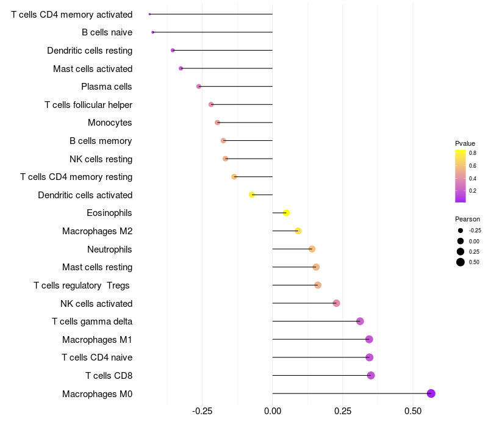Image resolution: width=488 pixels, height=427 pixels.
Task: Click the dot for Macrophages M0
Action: [431, 393]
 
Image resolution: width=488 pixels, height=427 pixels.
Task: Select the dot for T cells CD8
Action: [371, 375]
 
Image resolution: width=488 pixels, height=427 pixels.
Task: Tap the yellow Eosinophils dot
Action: [286, 213]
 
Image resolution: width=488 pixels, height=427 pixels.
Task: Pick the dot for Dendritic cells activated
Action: [252, 195]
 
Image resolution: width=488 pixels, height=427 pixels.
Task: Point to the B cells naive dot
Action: [152, 32]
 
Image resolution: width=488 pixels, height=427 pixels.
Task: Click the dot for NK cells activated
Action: [336, 303]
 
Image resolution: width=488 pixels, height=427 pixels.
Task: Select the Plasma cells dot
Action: [199, 87]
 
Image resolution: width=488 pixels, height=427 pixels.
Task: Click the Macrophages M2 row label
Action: [97, 231]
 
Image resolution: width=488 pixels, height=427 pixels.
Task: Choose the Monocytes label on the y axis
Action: [110, 123]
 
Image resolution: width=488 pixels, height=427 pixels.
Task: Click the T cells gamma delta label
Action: [92, 321]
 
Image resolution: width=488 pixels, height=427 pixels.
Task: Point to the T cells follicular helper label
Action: [88, 105]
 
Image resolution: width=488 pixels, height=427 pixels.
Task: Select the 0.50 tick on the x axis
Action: [413, 412]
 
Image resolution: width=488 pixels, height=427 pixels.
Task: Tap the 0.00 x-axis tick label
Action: [273, 412]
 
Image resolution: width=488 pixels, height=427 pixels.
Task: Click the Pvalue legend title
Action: [465, 143]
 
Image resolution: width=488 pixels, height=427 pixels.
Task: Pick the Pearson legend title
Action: [467, 219]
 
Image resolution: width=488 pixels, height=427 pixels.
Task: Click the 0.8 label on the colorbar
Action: [473, 153]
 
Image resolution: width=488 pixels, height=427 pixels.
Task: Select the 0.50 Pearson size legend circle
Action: [460, 262]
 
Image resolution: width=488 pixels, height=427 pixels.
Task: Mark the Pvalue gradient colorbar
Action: [460, 176]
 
